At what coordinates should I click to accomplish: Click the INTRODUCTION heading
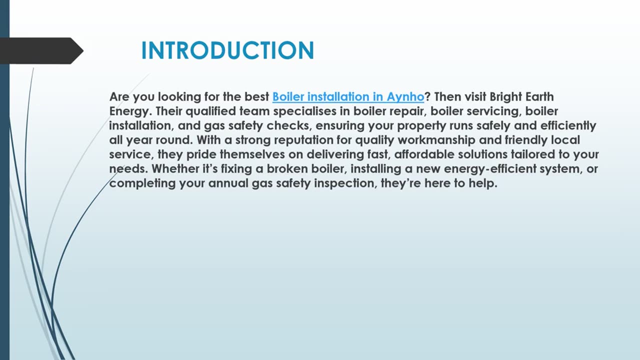227,50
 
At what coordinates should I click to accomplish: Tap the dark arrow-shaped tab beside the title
40,50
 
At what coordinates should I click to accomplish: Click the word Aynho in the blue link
405,96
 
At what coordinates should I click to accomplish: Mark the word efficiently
568,125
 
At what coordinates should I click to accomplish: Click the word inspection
343,183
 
